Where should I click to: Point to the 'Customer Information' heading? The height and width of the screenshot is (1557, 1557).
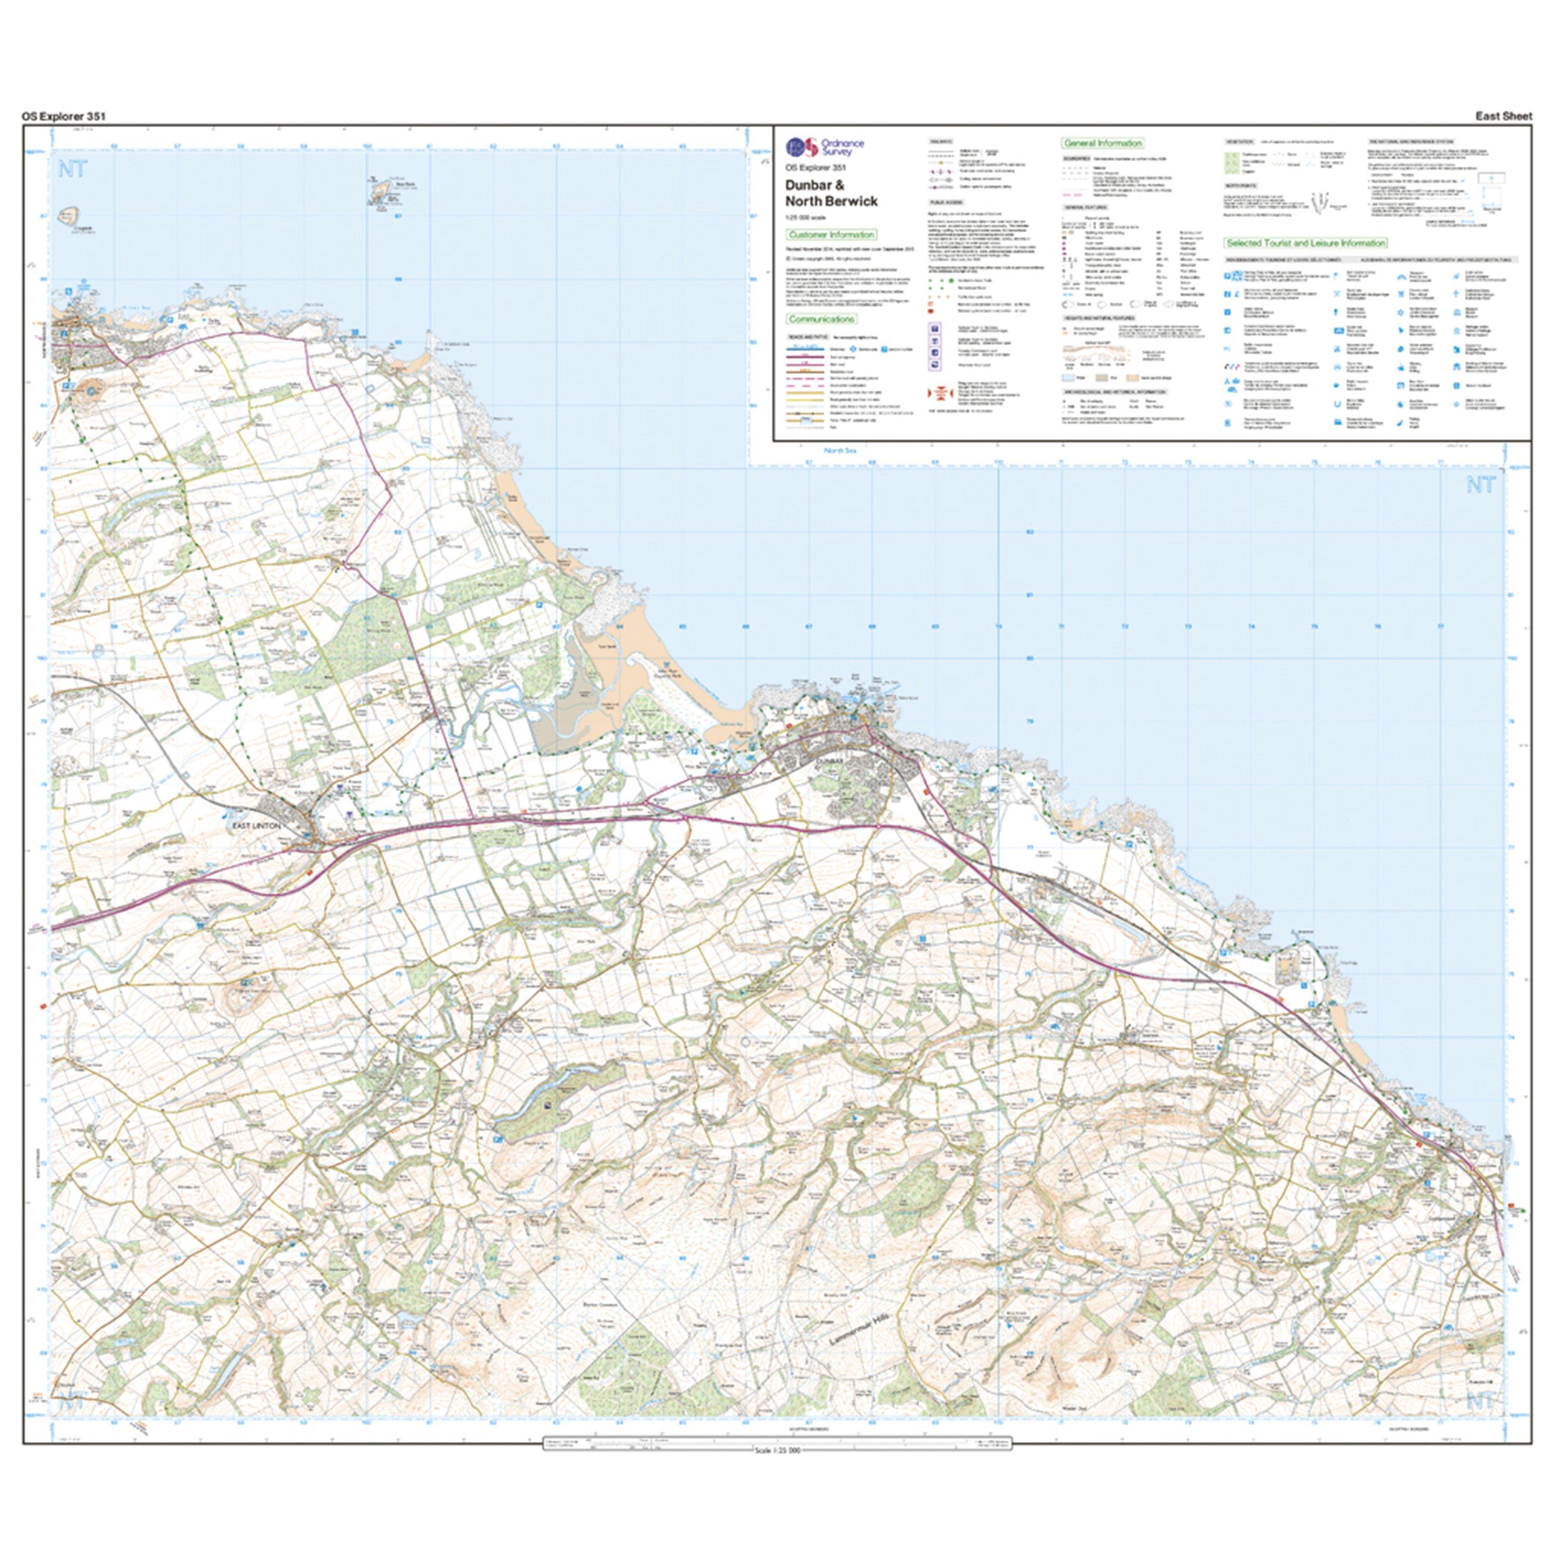(831, 235)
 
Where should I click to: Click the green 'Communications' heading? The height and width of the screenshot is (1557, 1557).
(821, 319)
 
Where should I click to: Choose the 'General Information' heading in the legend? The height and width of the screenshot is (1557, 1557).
(1102, 143)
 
